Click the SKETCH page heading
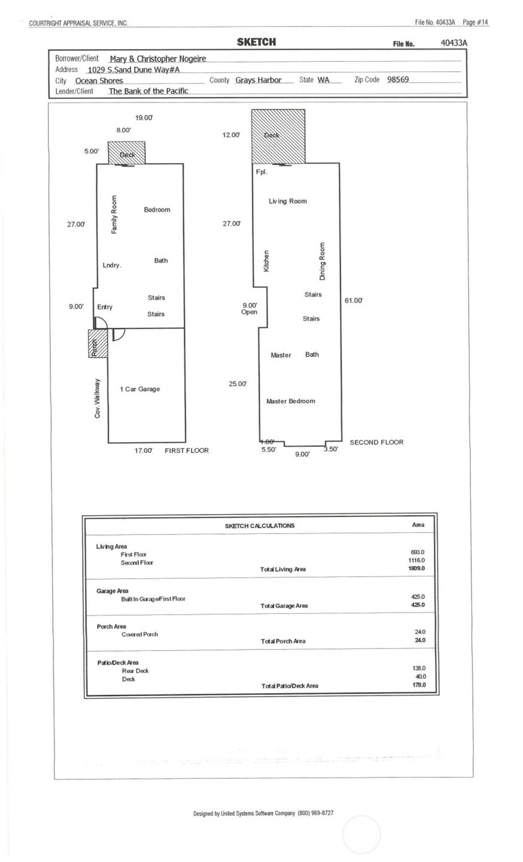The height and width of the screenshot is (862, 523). point(256,42)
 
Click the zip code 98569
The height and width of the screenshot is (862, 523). point(398,80)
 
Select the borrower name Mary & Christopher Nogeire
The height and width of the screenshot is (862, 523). point(158,59)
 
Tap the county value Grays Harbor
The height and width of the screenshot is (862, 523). point(258,80)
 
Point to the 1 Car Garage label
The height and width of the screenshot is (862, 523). point(140,389)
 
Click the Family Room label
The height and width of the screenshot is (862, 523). point(114,214)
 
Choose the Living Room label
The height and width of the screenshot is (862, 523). point(287,201)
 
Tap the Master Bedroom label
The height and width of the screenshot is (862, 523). point(290,401)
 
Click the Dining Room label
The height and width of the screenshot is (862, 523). point(322,261)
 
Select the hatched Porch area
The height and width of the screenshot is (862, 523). point(97,344)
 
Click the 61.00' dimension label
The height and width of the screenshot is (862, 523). point(353,301)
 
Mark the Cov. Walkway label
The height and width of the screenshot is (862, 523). point(98,398)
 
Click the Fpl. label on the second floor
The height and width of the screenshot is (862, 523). point(261,172)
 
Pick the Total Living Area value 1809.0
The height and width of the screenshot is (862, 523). point(416,568)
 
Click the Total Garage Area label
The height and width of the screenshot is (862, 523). point(284,606)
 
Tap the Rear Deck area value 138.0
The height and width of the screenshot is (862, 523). point(419,668)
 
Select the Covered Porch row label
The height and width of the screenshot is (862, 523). point(139,634)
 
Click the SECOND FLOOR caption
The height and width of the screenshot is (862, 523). point(376,443)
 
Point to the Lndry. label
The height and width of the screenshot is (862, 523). point(112,265)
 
